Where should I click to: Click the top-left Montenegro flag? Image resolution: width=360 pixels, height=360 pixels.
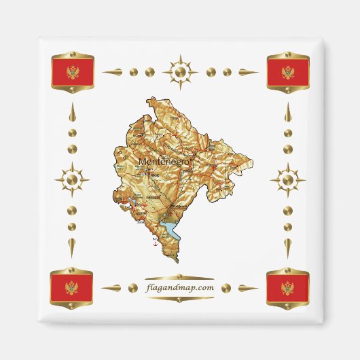pyautogui.click(x=73, y=72)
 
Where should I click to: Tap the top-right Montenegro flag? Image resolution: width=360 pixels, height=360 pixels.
pyautogui.click(x=288, y=72)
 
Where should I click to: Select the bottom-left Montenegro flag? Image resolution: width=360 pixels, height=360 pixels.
pyautogui.click(x=72, y=288)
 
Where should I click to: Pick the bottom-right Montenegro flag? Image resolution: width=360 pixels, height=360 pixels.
pyautogui.click(x=288, y=288)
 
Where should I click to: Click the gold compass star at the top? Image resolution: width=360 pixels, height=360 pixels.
pyautogui.click(x=180, y=71)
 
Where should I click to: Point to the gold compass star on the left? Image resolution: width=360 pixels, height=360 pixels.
pyautogui.click(x=72, y=181)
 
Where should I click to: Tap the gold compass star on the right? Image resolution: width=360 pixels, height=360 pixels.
pyautogui.click(x=288, y=181)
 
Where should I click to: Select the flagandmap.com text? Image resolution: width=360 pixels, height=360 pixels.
pyautogui.click(x=180, y=287)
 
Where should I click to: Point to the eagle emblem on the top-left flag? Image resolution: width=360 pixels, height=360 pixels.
pyautogui.click(x=73, y=72)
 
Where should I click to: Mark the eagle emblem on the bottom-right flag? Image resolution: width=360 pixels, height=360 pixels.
pyautogui.click(x=288, y=288)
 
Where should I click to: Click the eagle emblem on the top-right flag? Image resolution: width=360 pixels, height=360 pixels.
pyautogui.click(x=288, y=72)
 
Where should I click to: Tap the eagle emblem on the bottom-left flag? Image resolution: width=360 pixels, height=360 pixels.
pyautogui.click(x=72, y=288)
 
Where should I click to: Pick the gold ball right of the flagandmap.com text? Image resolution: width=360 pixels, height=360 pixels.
pyautogui.click(x=228, y=288)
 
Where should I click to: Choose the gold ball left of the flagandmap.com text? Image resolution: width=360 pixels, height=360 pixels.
pyautogui.click(x=132, y=288)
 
